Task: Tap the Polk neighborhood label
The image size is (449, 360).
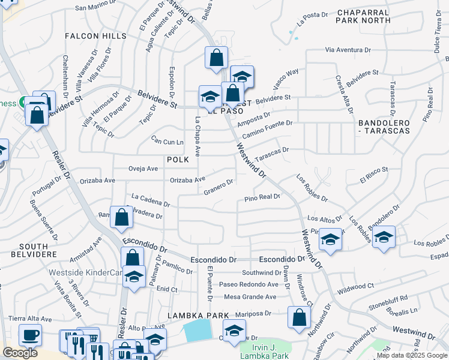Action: pos(178,160)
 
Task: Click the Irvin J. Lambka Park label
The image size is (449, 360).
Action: pos(267,351)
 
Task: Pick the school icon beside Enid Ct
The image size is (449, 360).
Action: pos(134,277)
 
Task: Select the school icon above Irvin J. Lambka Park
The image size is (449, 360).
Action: pos(235,330)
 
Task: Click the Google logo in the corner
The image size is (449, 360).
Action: pos(20,353)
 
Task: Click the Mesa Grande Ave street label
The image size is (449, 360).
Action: pos(250,296)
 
